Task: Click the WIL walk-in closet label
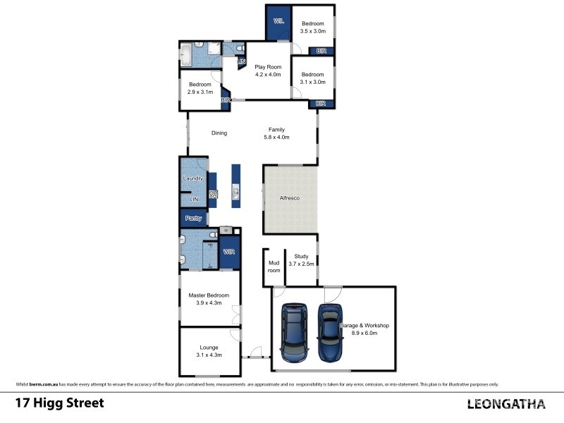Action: coord(278,22)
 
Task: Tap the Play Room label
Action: coord(268,67)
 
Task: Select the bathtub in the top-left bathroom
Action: coord(186,56)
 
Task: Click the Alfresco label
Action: coord(290,198)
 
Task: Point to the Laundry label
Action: coord(193,178)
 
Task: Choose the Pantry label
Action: coord(193,219)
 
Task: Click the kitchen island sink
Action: coord(235,192)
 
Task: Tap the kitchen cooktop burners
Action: coord(213,195)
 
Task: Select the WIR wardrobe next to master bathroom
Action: coord(230,252)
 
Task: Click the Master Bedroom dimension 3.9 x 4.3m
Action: coord(209,303)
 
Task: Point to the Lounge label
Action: coord(209,348)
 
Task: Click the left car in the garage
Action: coord(294,332)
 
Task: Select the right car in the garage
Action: coord(330,332)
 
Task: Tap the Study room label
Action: coord(302,257)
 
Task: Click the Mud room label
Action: coord(274,266)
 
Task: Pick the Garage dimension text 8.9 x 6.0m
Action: coord(364,333)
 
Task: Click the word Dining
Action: coord(219,133)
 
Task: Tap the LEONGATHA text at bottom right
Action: coord(506,404)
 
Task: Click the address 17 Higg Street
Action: coord(60,403)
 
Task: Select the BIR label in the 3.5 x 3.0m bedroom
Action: coord(321,51)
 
